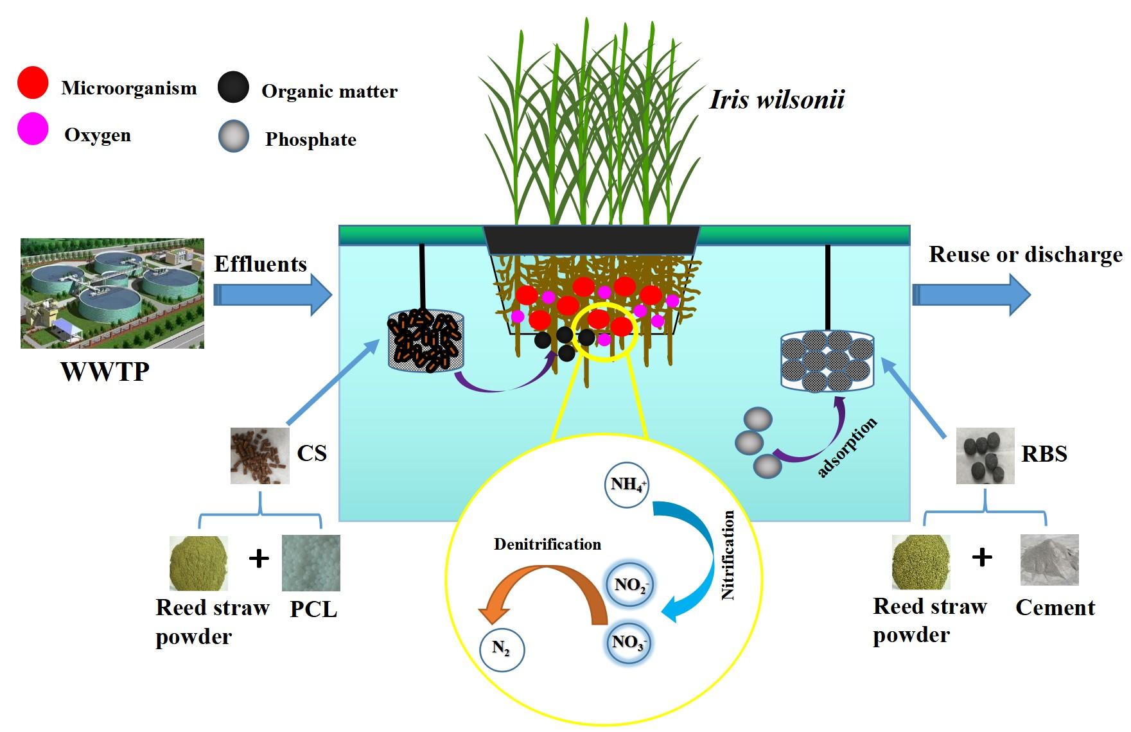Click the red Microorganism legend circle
[x=32, y=83]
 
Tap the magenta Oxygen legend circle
[x=32, y=129]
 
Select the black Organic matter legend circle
[x=233, y=87]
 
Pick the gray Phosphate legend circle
[x=233, y=136]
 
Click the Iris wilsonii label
[x=776, y=100]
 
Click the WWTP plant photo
[x=112, y=293]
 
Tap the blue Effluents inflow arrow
[x=272, y=295]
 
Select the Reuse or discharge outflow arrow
[x=970, y=295]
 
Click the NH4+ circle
[x=627, y=485]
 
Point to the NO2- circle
[x=630, y=585]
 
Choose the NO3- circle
[x=628, y=642]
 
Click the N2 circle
[x=502, y=649]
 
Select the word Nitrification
[x=728, y=555]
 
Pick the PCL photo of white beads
[x=311, y=563]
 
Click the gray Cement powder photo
[x=1049, y=559]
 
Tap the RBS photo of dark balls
[x=985, y=456]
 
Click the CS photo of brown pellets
[x=259, y=455]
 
